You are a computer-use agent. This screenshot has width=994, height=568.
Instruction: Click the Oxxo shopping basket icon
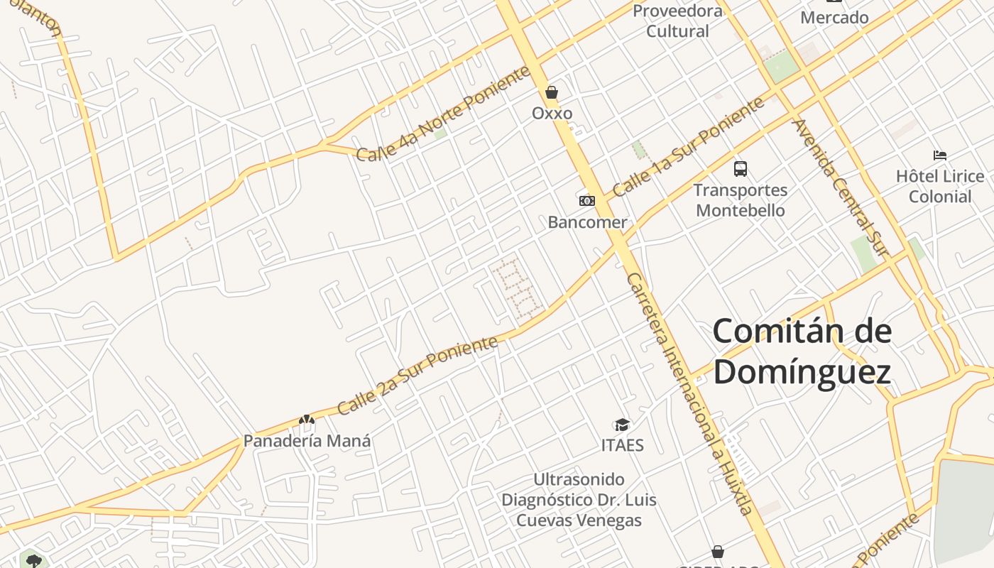pos(552,92)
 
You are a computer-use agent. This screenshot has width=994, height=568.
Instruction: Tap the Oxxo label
pos(552,114)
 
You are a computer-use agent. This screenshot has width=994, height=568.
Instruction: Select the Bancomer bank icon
pos(587,201)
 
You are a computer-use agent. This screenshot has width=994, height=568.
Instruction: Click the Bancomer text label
pos(587,222)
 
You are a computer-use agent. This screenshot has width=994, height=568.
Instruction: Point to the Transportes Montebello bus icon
pos(741,169)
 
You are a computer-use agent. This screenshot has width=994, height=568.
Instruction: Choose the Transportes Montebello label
pos(741,200)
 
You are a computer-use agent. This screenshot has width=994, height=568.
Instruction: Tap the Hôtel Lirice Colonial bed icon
pos(940,155)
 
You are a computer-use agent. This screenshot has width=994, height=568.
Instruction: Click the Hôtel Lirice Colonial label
pos(940,186)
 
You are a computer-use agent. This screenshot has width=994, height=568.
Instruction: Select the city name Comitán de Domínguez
pos(802,351)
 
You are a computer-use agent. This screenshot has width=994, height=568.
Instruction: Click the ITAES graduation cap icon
pos(622,425)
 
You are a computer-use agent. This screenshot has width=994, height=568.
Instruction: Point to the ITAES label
pos(623,445)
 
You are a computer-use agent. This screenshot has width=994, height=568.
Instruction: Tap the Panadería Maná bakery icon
pos(307,420)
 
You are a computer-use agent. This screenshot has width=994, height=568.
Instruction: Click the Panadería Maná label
pos(307,441)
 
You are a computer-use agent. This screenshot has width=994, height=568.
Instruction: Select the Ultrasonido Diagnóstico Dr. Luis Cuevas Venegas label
pos(579,500)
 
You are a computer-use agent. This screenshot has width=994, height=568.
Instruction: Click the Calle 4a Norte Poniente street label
pos(443,114)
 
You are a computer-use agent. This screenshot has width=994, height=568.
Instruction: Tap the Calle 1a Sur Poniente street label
pos(688,147)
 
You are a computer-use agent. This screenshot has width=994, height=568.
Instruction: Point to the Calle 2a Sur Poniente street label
pos(417,376)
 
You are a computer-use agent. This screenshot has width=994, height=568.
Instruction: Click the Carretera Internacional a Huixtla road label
pos(689,394)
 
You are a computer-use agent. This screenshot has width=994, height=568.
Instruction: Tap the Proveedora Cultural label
pos(677,21)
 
